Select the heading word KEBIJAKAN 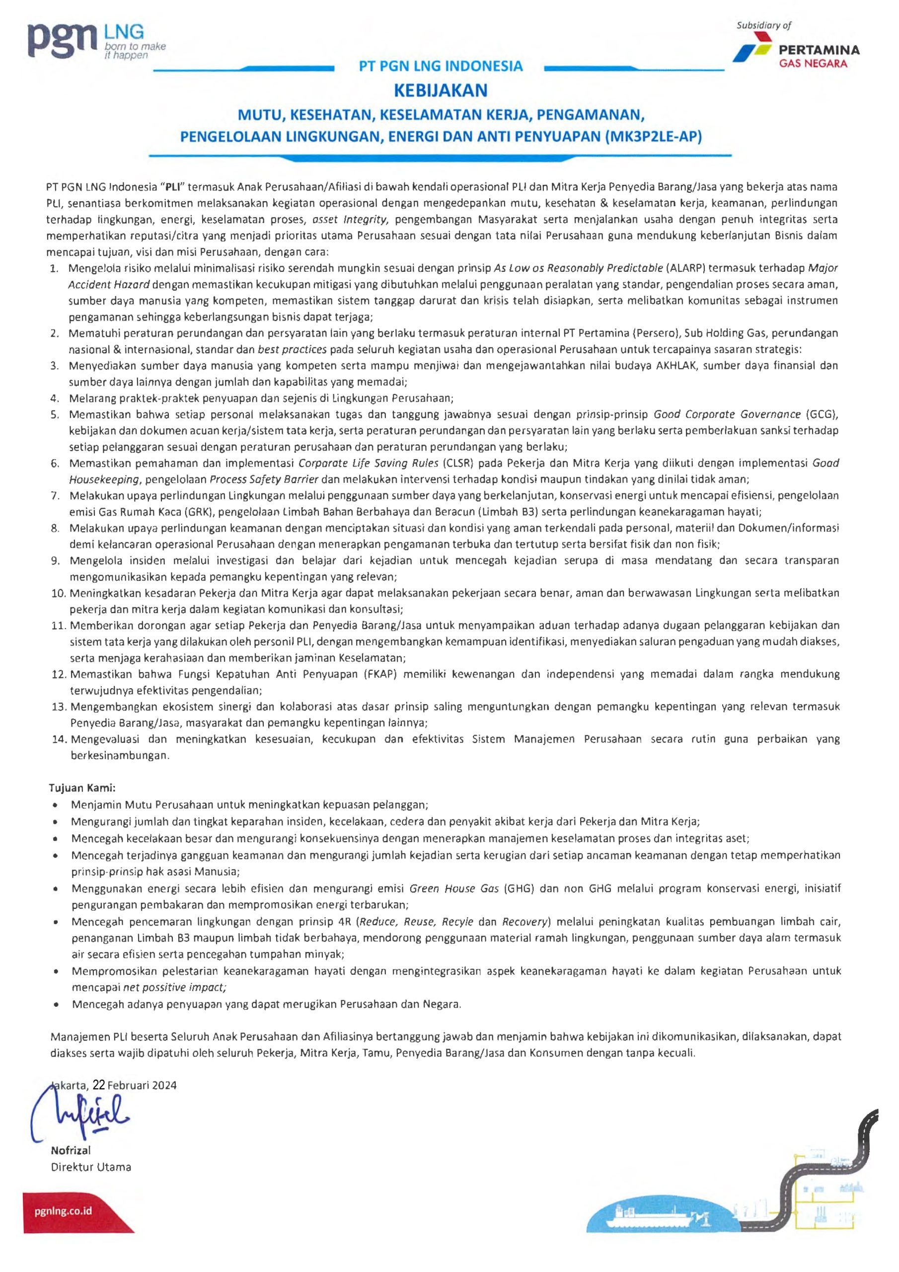441,90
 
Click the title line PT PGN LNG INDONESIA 441,67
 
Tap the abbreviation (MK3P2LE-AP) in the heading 653,136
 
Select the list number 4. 54,398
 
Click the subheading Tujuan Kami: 82,788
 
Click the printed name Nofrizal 71,1150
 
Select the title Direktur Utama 91,1167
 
